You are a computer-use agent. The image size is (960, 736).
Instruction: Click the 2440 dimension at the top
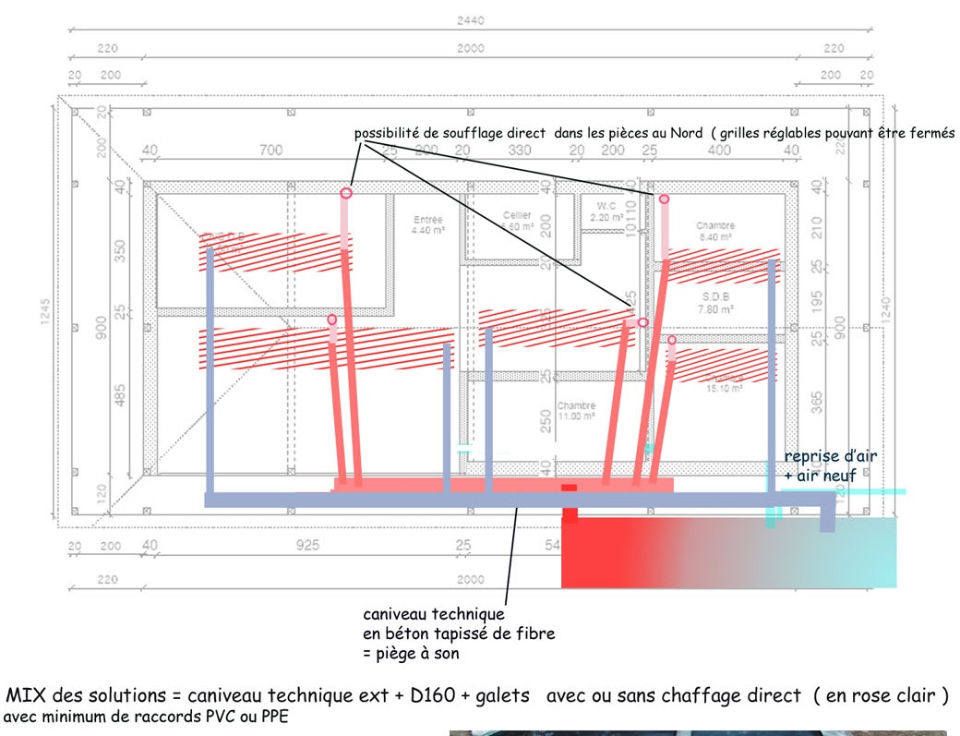click(x=470, y=20)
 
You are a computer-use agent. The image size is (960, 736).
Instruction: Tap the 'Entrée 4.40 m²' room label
click(x=427, y=224)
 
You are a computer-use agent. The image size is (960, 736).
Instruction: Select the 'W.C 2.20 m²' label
click(x=606, y=211)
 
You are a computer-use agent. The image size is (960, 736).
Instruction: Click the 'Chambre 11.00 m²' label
click(x=576, y=411)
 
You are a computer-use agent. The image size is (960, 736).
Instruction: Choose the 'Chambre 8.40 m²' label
click(x=714, y=231)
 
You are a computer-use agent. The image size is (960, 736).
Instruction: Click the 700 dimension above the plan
click(x=270, y=150)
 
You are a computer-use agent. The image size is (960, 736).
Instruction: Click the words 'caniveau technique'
click(x=433, y=614)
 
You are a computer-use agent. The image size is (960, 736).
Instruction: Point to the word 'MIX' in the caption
click(x=28, y=695)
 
